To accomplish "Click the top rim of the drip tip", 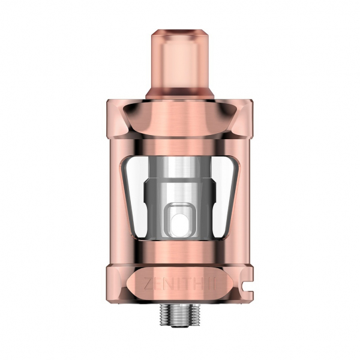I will point(180,28).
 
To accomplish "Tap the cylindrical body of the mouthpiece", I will point(180,60).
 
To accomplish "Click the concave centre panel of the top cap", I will point(180,117).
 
